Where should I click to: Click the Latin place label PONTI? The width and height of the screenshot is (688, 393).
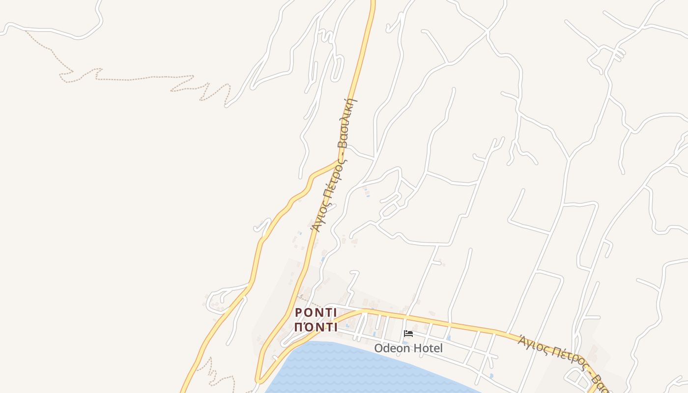(315, 313)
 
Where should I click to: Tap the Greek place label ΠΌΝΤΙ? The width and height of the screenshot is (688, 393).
(315, 327)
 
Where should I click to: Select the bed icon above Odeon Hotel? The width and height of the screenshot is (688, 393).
(408, 334)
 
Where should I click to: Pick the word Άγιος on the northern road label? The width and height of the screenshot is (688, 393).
(317, 219)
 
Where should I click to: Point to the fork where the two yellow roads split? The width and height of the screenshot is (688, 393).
(339, 161)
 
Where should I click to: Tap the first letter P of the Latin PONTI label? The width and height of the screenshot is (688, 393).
(298, 313)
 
